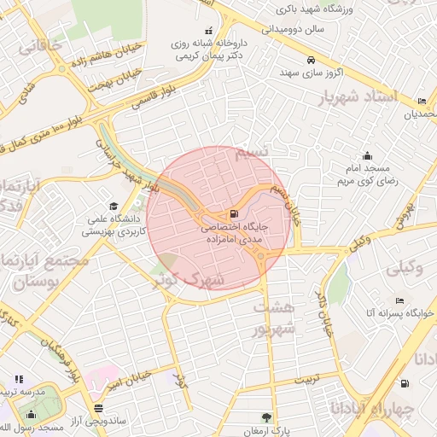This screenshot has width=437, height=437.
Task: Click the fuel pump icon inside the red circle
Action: coord(233,214)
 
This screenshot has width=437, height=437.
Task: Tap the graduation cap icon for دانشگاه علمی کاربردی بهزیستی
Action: coord(114,206)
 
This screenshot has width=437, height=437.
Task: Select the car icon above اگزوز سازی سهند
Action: coord(312,60)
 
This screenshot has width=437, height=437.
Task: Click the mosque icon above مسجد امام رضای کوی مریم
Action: coord(367,156)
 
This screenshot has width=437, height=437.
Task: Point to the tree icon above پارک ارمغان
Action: coord(267,417)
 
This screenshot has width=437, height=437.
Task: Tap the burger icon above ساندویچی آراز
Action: coord(100,407)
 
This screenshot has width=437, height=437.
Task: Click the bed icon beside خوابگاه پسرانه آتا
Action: coord(399,300)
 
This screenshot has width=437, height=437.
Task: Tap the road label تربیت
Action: coord(306,377)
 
